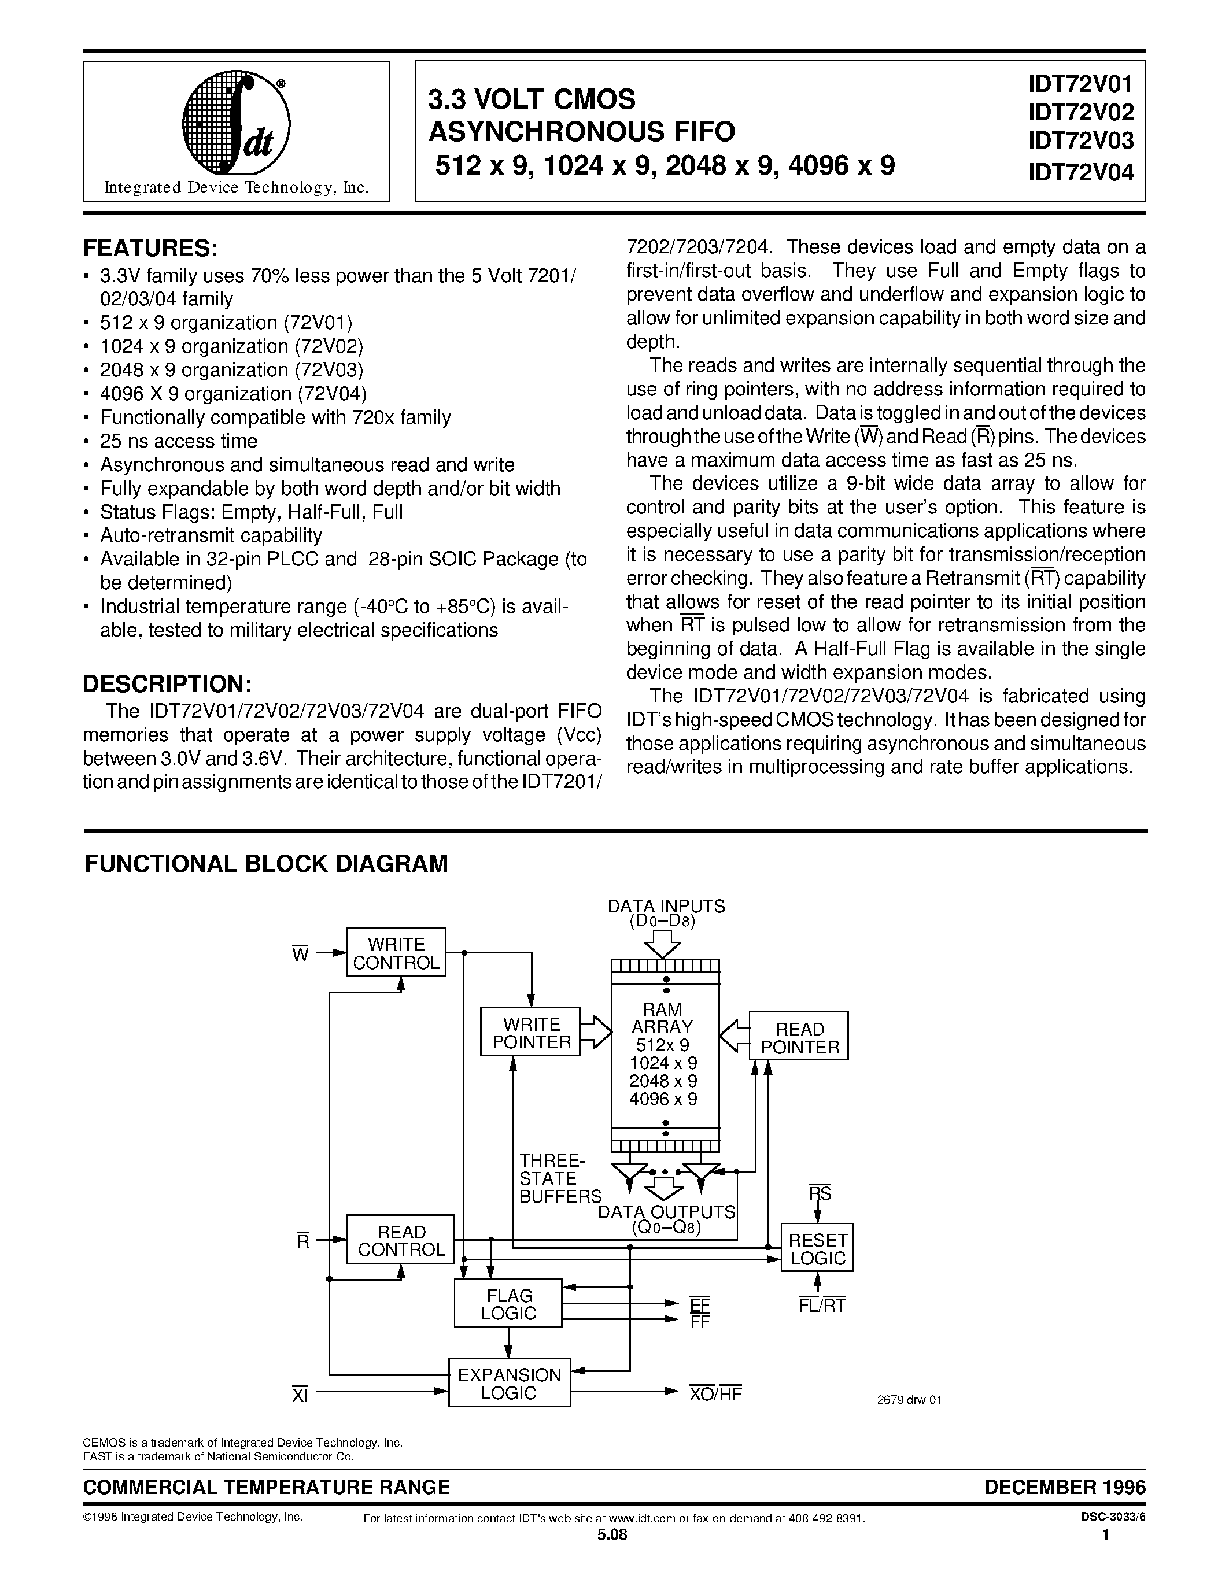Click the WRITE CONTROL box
(396, 953)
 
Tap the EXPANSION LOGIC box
(509, 1383)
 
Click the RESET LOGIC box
(817, 1248)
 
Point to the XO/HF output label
(714, 1393)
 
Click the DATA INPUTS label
(666, 907)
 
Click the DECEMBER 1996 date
(1064, 1487)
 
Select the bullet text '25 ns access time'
(178, 441)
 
